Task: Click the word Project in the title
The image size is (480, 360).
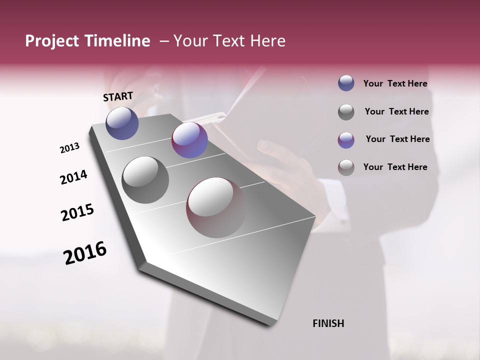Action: (x=51, y=41)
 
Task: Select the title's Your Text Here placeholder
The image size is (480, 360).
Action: (x=229, y=41)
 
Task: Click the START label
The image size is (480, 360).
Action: (x=118, y=96)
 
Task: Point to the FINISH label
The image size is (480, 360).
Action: (x=328, y=323)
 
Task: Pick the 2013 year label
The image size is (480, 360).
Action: (x=69, y=148)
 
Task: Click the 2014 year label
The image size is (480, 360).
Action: (x=73, y=177)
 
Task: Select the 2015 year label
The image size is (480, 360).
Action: (x=77, y=212)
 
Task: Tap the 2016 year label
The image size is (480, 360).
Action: (x=85, y=253)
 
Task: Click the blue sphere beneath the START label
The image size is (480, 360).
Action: (x=122, y=123)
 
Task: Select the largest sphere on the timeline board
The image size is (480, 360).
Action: (x=215, y=207)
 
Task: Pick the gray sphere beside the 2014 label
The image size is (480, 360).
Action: (x=145, y=180)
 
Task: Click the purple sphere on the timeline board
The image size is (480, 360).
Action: (x=189, y=140)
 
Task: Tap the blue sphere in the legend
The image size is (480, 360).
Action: (x=346, y=83)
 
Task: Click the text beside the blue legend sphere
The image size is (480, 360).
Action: (x=395, y=84)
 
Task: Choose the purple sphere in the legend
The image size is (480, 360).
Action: (x=346, y=140)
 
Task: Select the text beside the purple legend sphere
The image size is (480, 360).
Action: (x=397, y=139)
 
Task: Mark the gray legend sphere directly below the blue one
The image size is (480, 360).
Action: (x=346, y=112)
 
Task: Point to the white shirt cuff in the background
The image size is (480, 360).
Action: (x=340, y=210)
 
